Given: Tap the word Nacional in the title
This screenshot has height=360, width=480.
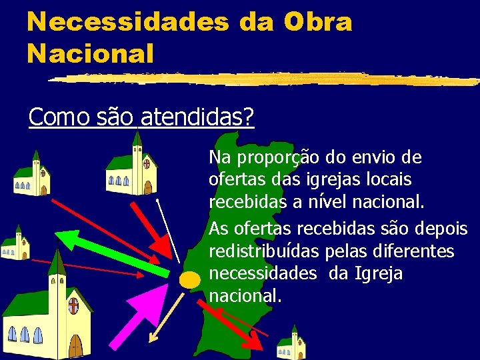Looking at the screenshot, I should pos(90,53).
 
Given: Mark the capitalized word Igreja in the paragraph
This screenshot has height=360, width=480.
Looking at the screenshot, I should pos(379,273).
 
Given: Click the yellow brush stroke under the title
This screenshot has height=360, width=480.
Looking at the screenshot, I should pos(267,79).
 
